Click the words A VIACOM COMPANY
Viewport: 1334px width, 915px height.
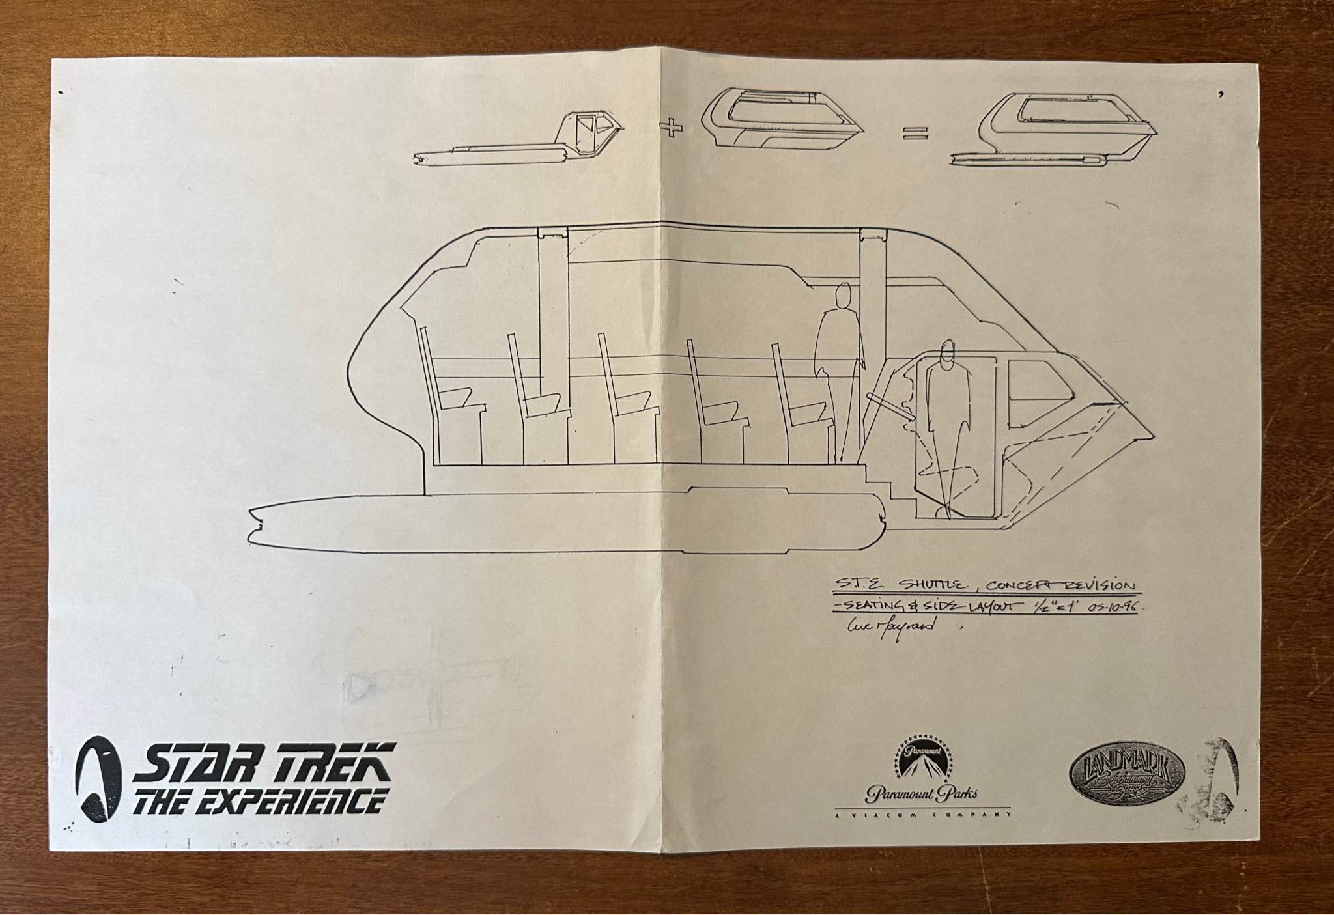click(921, 815)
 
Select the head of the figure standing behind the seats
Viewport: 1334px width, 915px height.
click(844, 295)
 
